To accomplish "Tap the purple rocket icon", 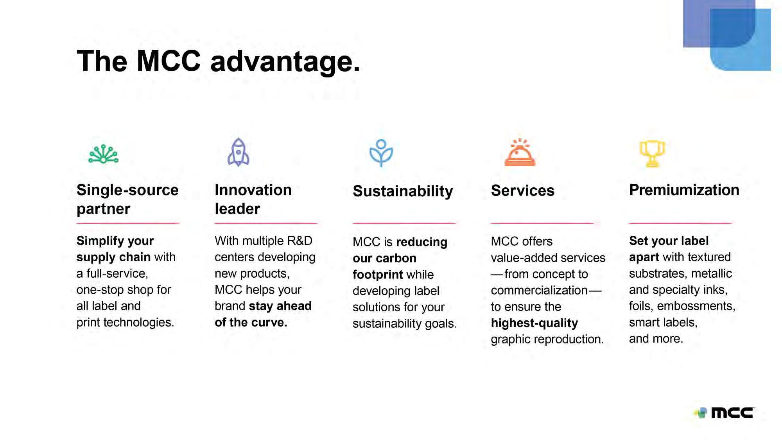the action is (239, 152).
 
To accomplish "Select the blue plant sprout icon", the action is (381, 153).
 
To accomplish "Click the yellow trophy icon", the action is (652, 154).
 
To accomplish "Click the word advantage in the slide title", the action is (285, 62).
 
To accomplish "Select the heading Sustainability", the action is (403, 191).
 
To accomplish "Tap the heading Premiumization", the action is (684, 190).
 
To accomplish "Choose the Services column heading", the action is (523, 190).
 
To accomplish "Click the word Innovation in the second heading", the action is (253, 190).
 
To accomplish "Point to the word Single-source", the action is (127, 190).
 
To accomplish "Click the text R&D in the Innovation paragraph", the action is (300, 241).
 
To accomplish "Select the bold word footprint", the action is (378, 275).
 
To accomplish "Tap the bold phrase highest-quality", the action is (534, 323).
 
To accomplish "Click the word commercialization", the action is (539, 290).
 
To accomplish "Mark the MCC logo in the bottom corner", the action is (725, 413).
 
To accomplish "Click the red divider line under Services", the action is (542, 223).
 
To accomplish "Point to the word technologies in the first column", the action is (138, 322).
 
